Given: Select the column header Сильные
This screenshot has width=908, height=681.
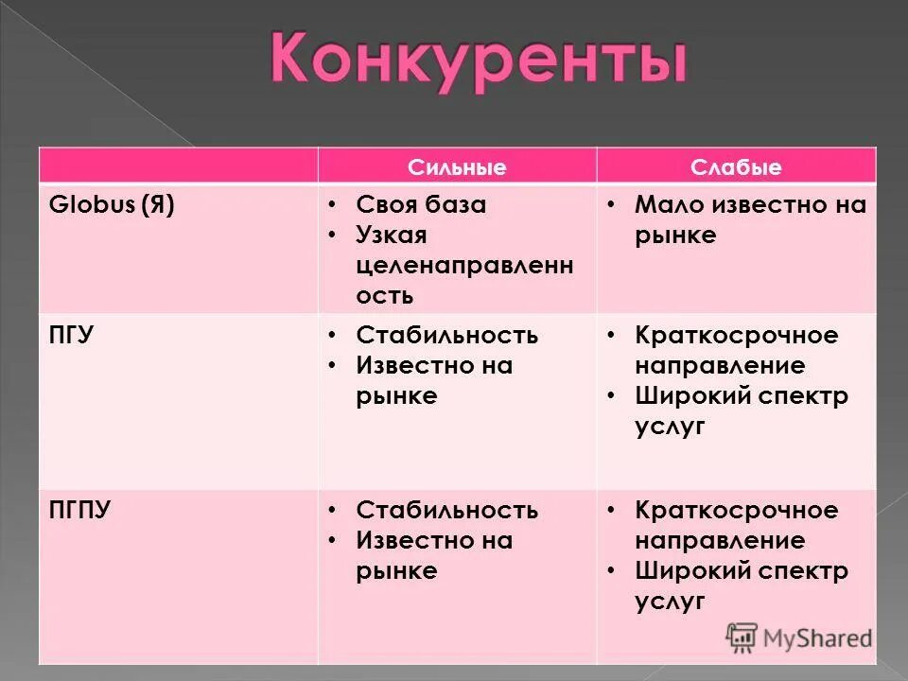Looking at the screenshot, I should point(457,167).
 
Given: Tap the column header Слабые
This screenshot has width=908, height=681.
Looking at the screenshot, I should point(736,167).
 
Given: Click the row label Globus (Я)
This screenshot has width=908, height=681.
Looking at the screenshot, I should point(112,205).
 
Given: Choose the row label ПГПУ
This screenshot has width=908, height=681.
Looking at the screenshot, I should point(79,511).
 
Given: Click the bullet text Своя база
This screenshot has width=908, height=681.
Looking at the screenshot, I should point(421,205).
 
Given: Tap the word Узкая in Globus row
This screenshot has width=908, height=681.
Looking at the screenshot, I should point(392,235).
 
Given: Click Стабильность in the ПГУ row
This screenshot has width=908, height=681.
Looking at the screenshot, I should point(447,335).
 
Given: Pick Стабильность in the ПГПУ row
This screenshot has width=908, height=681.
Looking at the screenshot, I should point(447,511).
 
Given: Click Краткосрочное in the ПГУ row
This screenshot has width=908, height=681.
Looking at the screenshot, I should point(737,335).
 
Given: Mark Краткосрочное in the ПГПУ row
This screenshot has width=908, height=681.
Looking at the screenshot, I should point(737,511).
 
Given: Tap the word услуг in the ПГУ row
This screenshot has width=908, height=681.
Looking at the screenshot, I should point(671,426).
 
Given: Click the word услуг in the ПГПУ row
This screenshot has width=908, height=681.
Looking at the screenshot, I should point(671,601).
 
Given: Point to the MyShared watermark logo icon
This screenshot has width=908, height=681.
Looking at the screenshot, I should point(742,637).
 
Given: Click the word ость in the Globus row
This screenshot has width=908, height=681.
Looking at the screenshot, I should point(385,294).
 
